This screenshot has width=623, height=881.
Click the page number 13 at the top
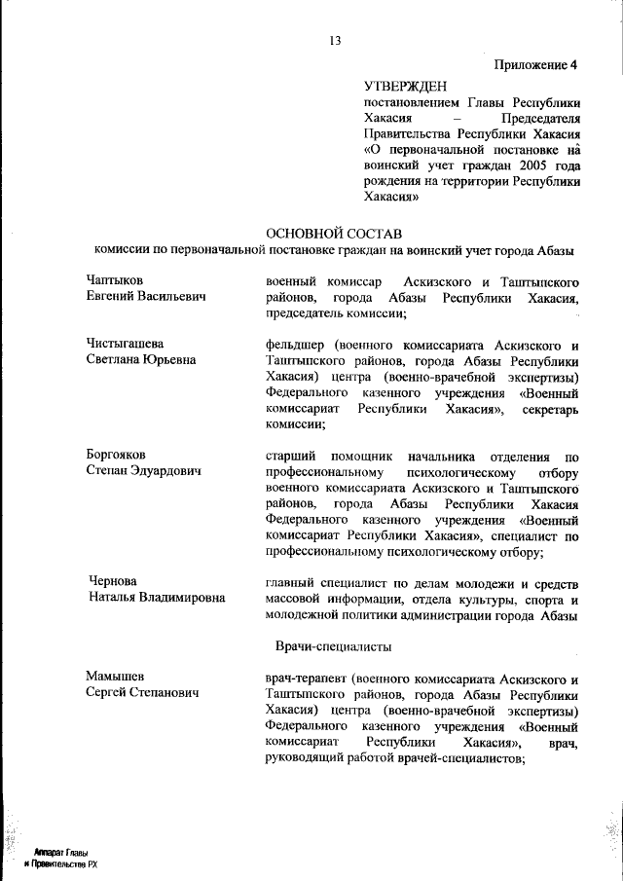click(x=335, y=40)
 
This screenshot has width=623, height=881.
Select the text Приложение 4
click(x=535, y=65)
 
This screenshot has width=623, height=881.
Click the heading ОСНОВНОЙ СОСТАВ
click(x=332, y=233)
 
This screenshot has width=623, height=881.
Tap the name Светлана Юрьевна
click(x=141, y=359)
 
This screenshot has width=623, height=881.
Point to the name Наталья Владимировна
click(x=157, y=597)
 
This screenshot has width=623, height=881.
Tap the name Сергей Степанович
click(x=143, y=692)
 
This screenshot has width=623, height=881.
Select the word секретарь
click(x=551, y=408)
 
